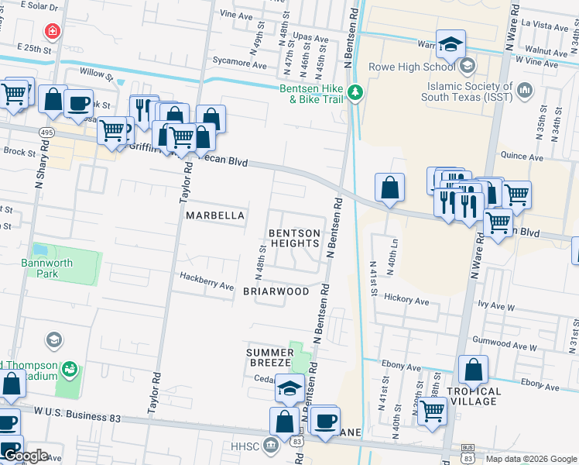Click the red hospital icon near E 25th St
[x=51, y=32]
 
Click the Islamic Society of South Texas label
[x=465, y=91]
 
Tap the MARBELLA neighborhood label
[x=215, y=215]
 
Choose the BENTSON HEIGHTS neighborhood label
[x=293, y=238]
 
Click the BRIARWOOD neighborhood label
[x=276, y=292]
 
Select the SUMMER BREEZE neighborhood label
[x=269, y=357]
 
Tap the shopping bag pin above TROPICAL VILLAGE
[x=473, y=370]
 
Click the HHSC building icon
[x=272, y=445]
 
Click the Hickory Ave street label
[x=406, y=301]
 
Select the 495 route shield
[x=46, y=133]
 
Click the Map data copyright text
[x=531, y=459]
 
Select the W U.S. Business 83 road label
[x=77, y=418]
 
